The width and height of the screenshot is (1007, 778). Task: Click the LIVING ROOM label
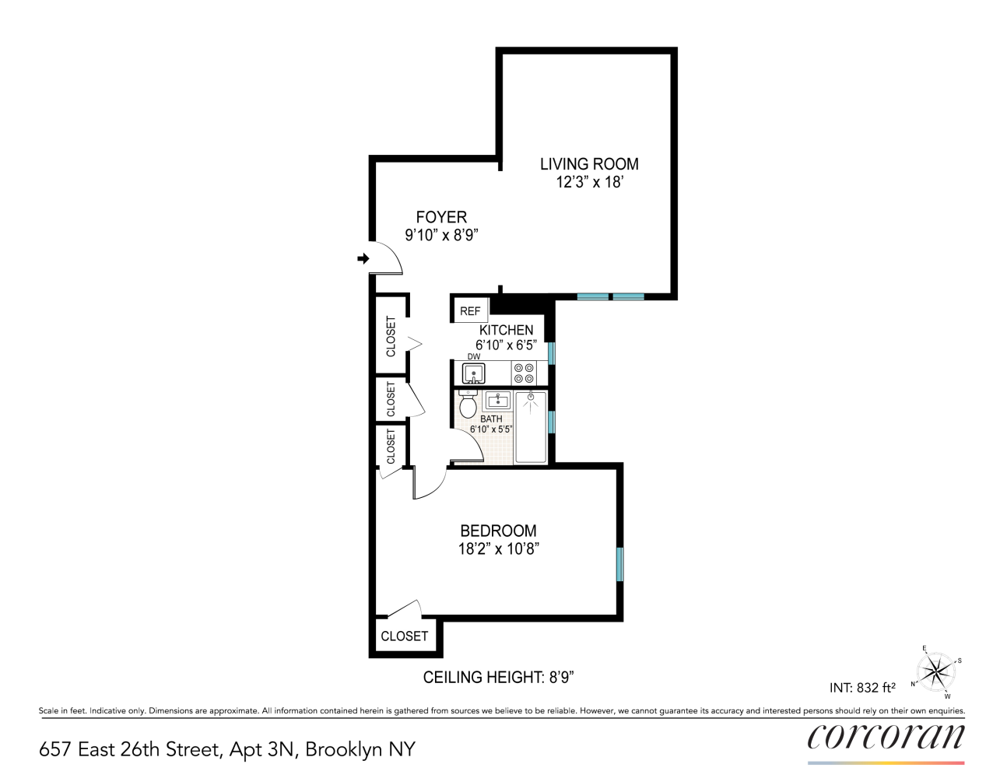(x=589, y=164)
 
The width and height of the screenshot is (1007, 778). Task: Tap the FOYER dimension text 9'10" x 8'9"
(x=441, y=235)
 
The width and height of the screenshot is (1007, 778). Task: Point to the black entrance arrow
(x=363, y=258)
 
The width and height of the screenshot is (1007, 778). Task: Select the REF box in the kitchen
(x=470, y=310)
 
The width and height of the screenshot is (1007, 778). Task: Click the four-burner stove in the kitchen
(x=524, y=373)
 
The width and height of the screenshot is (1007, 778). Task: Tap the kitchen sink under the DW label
(x=474, y=374)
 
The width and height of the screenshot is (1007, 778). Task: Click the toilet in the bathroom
(x=468, y=405)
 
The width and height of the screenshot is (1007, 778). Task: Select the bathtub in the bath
(x=531, y=427)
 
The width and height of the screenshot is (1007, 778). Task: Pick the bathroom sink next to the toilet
(x=497, y=401)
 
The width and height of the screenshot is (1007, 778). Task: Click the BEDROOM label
(x=498, y=531)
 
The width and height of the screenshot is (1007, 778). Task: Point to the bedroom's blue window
(x=620, y=564)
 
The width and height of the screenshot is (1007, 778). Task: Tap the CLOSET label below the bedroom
(x=404, y=636)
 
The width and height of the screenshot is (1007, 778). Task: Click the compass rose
(x=936, y=671)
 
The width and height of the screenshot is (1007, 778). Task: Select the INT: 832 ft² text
(x=862, y=688)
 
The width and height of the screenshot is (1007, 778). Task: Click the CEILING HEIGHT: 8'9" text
(x=498, y=678)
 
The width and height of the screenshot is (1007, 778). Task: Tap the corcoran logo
(x=886, y=737)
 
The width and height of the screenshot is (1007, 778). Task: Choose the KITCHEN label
(x=506, y=330)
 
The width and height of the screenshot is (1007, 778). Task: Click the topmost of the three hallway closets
(x=391, y=335)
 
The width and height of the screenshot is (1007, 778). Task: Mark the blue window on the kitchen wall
(x=552, y=352)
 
